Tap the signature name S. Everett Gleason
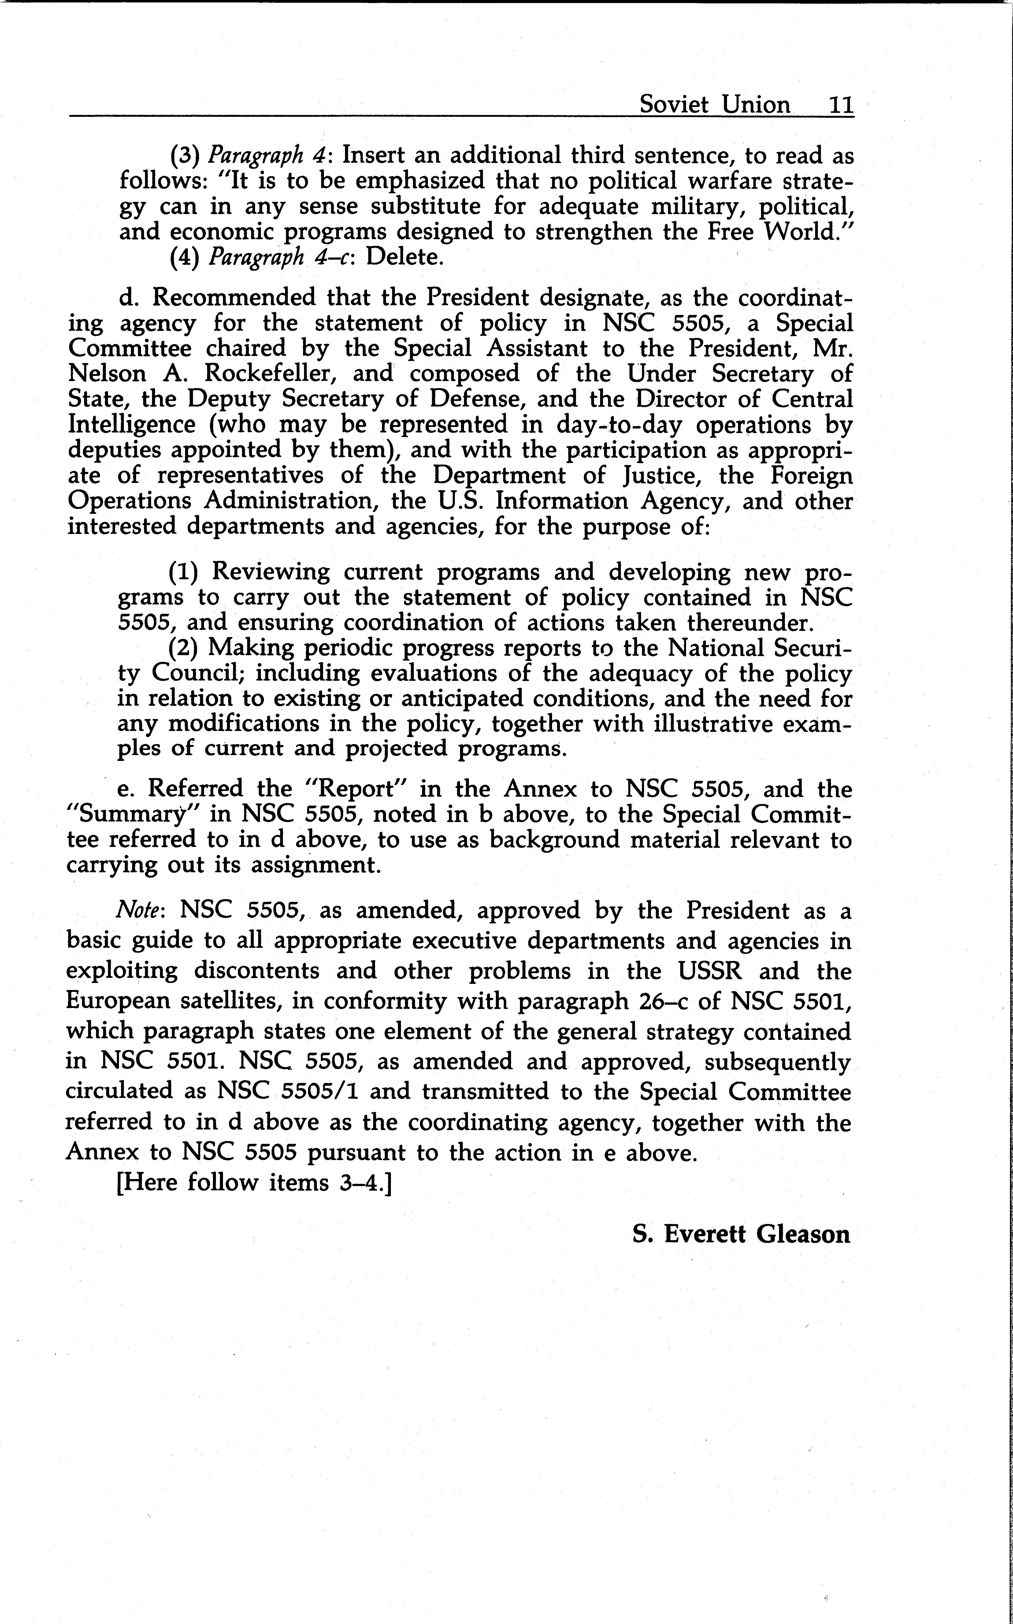pos(741,1233)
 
